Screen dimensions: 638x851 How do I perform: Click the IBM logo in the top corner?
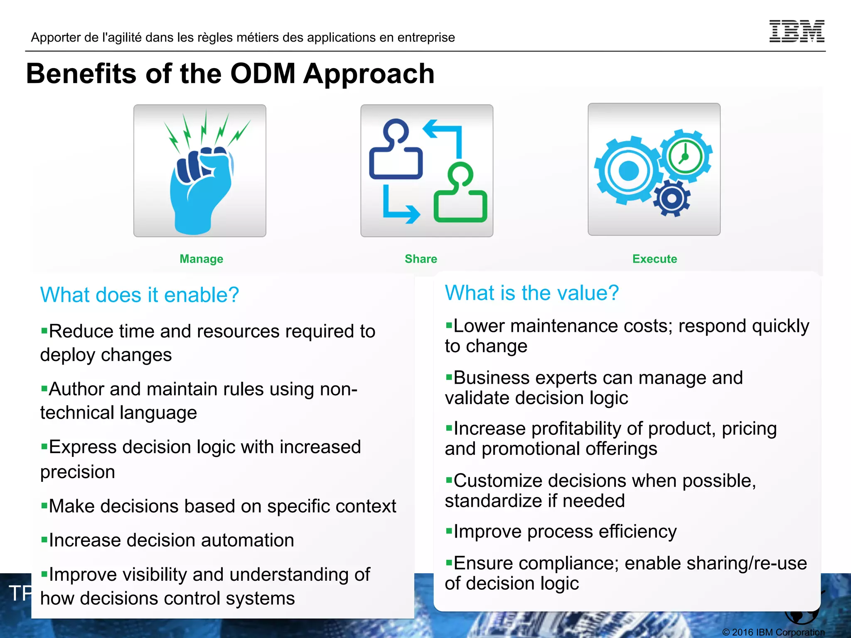tap(797, 31)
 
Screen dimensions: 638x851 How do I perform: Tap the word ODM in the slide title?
tap(263, 74)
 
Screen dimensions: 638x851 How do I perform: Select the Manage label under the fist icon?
tap(201, 259)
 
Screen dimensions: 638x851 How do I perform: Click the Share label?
tap(421, 259)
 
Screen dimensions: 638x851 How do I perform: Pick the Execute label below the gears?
tap(654, 259)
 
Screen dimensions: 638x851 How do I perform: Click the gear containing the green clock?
tap(685, 157)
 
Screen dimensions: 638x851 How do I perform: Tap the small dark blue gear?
tap(671, 198)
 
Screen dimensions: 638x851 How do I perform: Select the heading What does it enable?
tap(139, 295)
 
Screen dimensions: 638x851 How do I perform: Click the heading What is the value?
tap(531, 293)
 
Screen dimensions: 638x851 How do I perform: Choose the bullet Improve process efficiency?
tap(565, 532)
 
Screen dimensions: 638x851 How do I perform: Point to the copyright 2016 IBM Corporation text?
tap(773, 632)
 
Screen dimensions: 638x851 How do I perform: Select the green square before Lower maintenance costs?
tap(448, 325)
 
